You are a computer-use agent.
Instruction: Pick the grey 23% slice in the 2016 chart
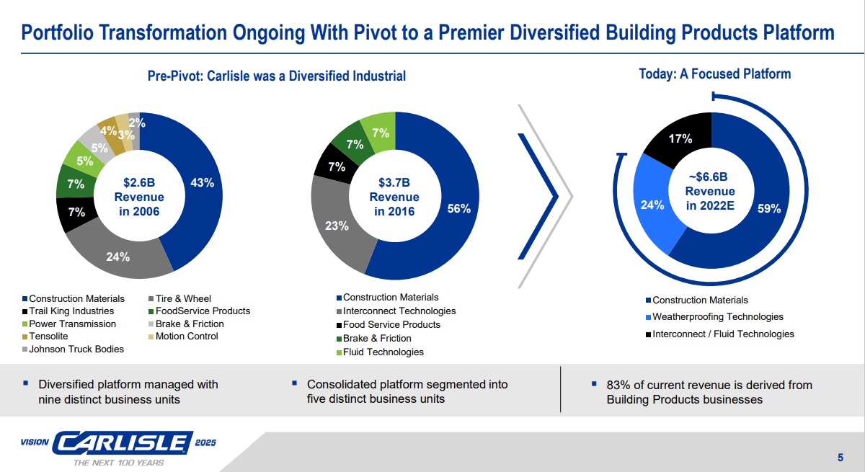[x=336, y=226]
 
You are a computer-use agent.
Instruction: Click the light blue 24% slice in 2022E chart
[x=652, y=205]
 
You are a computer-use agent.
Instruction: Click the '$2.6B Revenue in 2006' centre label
[x=139, y=197]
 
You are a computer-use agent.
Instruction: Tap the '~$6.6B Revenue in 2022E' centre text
[x=710, y=191]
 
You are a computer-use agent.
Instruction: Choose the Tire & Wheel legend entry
[x=183, y=298]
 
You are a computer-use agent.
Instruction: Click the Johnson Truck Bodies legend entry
[x=76, y=349]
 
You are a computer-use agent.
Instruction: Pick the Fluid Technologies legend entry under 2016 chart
[x=383, y=352]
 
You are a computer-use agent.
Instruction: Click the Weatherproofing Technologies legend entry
[x=717, y=317]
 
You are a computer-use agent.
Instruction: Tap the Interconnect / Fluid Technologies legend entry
[x=723, y=334]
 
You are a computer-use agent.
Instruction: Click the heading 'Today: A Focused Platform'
[x=714, y=74]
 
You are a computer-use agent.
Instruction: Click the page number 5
[x=840, y=457]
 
